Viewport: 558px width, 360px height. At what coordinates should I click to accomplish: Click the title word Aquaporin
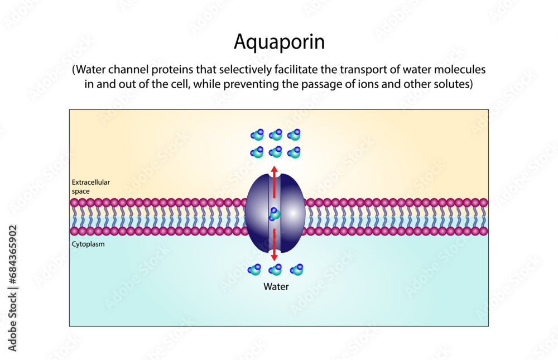[278, 42]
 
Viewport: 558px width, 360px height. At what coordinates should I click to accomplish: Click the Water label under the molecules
[276, 287]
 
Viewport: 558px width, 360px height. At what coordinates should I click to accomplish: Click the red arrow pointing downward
[274, 246]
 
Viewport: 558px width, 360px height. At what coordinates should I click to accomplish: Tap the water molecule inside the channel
[275, 213]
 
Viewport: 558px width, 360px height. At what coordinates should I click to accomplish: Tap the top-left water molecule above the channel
[257, 135]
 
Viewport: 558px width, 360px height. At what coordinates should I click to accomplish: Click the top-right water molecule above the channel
[294, 135]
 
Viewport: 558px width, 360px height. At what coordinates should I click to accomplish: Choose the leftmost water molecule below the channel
[254, 270]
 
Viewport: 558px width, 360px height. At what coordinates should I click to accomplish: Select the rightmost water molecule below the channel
[297, 270]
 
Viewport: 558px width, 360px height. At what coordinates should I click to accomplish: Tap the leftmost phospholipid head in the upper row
[74, 203]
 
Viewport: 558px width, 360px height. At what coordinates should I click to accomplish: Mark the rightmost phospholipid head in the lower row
[483, 231]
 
